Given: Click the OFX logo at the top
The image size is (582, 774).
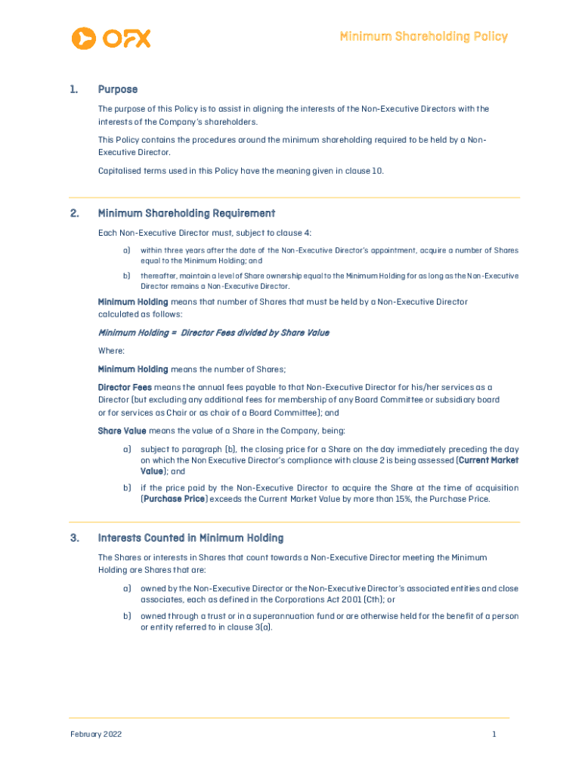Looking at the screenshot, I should click(x=110, y=37).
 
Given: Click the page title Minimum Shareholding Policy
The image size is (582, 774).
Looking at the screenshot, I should click(x=423, y=36).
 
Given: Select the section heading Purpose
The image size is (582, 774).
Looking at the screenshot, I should click(x=117, y=89).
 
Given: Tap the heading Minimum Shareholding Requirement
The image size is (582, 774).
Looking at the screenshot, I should click(x=186, y=213).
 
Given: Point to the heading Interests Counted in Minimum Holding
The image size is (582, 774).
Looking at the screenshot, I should click(x=190, y=538).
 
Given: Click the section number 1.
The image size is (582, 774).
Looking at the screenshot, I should click(x=73, y=89).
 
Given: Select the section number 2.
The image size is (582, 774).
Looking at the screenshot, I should click(x=73, y=213).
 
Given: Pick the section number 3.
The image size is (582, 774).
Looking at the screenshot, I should click(x=73, y=538).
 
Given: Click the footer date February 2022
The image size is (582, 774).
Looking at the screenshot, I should click(x=96, y=734).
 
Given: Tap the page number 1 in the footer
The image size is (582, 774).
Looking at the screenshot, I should click(x=494, y=734).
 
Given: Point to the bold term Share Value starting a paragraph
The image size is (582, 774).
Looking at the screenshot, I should click(x=122, y=431).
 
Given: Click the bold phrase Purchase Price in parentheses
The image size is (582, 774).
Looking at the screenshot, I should click(x=175, y=499).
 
